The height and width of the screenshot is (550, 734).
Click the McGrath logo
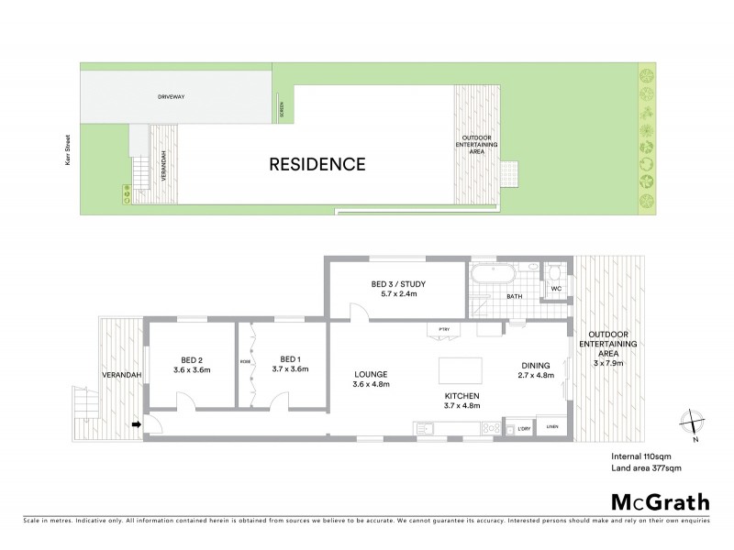click(661, 501)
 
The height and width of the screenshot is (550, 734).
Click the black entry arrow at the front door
click(138, 423)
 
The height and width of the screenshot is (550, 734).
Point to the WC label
click(555, 289)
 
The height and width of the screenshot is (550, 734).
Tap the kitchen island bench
click(459, 370)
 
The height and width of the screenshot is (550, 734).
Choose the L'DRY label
click(525, 428)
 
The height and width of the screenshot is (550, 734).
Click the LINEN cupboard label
click(552, 426)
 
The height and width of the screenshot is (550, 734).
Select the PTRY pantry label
click(443, 328)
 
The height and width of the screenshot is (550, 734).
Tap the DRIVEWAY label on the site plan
click(172, 94)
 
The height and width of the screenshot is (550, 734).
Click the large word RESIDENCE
click(317, 165)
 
